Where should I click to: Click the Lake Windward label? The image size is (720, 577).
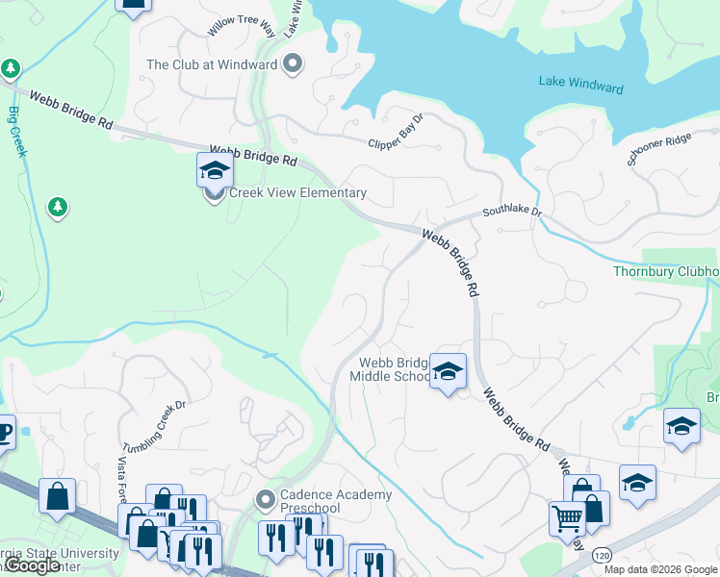click(581, 84)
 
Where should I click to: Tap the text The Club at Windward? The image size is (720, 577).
click(211, 65)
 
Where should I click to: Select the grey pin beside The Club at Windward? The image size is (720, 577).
click(294, 64)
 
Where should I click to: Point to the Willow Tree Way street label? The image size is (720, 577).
click(241, 27)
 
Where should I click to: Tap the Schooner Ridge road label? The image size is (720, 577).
click(659, 149)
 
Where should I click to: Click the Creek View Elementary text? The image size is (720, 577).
click(297, 192)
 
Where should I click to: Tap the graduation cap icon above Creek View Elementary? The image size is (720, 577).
click(215, 170)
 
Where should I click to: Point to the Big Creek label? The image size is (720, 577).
click(15, 126)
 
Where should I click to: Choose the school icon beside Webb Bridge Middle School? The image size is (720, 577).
click(448, 371)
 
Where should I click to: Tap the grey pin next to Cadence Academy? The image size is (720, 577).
click(267, 500)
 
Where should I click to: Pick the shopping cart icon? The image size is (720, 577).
click(567, 518)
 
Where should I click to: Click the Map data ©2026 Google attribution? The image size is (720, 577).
click(660, 569)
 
